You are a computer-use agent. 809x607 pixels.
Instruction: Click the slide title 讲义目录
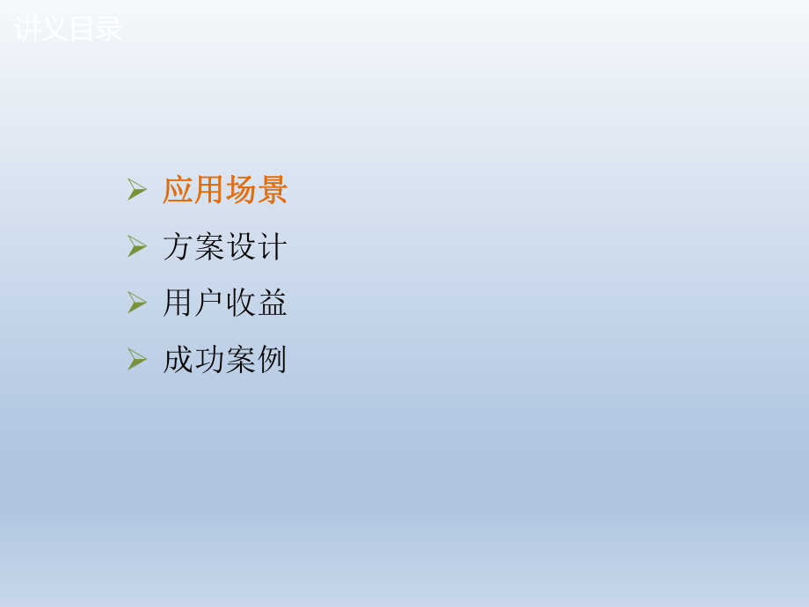coord(69,29)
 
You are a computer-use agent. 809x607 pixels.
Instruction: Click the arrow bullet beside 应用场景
coord(136,189)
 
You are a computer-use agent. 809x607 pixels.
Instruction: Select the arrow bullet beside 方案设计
coord(136,246)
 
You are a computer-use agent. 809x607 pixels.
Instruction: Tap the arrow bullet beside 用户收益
coord(136,303)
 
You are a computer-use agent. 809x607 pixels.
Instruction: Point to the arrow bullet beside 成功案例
coord(136,359)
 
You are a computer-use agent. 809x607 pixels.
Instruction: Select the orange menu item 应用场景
coord(225,190)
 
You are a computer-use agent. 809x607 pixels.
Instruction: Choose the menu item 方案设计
coord(225,247)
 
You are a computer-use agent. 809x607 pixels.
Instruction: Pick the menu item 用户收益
coord(225,303)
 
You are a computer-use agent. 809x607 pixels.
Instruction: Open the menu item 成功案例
coord(225,360)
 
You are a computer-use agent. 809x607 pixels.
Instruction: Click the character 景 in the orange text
coord(273,190)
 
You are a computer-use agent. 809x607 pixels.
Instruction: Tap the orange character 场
coord(241,190)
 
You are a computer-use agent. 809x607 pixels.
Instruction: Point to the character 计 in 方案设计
coord(273,247)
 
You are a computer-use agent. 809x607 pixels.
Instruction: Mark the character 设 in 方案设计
coord(241,247)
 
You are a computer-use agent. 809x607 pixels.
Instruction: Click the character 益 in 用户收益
coord(273,303)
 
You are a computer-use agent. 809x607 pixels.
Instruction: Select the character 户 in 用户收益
coord(209,303)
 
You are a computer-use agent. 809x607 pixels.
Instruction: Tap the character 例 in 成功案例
coord(273,360)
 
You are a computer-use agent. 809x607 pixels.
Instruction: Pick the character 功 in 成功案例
coord(209,360)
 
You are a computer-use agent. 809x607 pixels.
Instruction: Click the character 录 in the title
coord(109,29)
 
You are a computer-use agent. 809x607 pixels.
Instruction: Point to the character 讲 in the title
coord(28,29)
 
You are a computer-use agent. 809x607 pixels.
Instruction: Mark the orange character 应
coord(178,190)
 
